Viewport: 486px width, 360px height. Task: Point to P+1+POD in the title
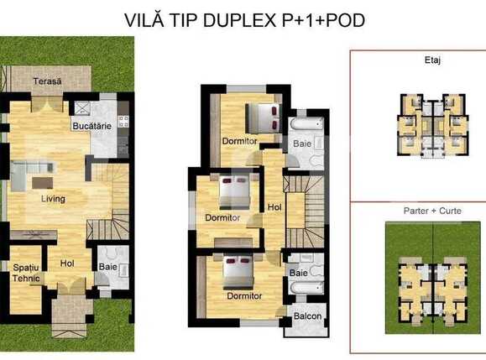pos(328,19)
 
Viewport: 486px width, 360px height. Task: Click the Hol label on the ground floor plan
pos(67,263)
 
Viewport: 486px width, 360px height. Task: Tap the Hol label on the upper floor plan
pos(274,206)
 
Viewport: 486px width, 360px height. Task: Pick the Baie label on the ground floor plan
pos(107,268)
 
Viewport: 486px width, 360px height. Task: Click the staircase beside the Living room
pos(109,201)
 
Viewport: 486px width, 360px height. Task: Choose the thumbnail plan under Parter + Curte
pos(433,281)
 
